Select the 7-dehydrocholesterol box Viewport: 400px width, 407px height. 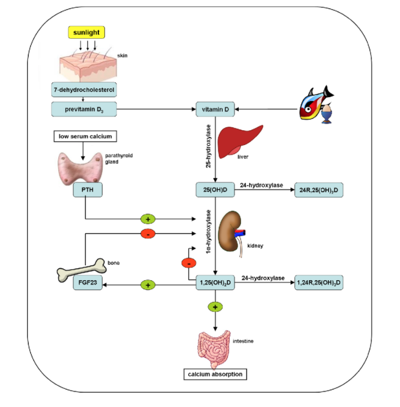[x=85, y=90]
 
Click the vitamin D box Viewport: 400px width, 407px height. [x=214, y=108]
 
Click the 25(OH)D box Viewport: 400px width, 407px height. [x=214, y=190]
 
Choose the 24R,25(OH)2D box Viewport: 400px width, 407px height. [x=318, y=190]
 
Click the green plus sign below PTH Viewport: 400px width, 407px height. [x=148, y=218]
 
